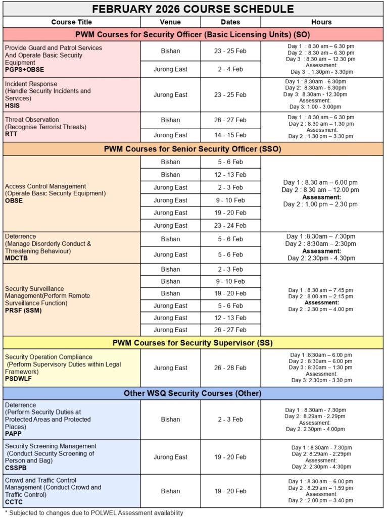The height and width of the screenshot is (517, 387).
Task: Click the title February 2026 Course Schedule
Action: pos(192,9)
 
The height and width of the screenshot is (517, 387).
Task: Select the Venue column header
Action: pos(170,22)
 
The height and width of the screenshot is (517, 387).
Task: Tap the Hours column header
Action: pos(321,22)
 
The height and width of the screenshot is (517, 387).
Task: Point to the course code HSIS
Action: pos(13,106)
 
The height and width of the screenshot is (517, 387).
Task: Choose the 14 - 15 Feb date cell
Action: pos(230,135)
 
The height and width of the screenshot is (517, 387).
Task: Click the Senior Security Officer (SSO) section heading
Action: pos(192,149)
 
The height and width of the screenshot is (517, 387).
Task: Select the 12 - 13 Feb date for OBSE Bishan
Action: pos(230,175)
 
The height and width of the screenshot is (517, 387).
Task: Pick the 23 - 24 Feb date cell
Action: pos(230,226)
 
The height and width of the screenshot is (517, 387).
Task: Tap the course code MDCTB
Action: pos(16,258)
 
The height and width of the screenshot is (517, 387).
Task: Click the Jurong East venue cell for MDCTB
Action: pos(170,254)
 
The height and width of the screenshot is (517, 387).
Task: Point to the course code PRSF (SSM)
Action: pos(23,311)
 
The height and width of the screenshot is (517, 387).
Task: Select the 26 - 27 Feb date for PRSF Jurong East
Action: pos(230,330)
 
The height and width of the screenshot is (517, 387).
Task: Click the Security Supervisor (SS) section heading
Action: pos(192,343)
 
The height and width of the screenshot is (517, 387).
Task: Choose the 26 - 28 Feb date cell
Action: pos(230,368)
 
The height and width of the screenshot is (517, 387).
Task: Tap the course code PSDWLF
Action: pos(18,379)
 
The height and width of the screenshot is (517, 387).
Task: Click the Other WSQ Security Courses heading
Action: pos(192,393)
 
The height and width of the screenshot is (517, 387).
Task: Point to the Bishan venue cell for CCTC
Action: pos(170,491)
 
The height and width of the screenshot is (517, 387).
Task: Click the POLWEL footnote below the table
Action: pos(94,512)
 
